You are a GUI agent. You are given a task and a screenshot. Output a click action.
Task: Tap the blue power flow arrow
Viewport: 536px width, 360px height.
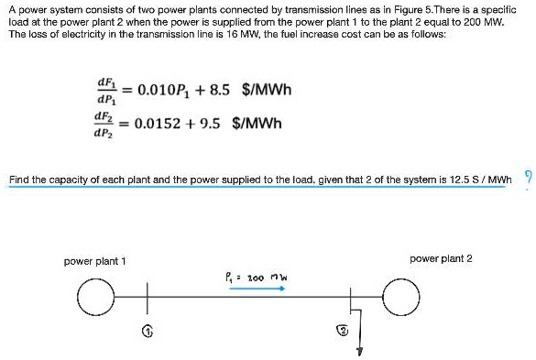tap(257, 288)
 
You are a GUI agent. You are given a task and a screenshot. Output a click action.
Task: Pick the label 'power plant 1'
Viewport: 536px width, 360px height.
tap(94, 261)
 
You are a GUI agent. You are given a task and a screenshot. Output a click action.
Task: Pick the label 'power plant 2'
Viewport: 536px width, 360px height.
tap(442, 258)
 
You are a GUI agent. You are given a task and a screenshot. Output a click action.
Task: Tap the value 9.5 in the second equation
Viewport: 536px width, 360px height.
tap(209, 123)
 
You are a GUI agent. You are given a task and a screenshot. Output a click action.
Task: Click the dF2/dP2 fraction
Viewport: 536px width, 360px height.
tap(106, 124)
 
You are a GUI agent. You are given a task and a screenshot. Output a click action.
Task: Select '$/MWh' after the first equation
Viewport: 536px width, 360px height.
tap(267, 91)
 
